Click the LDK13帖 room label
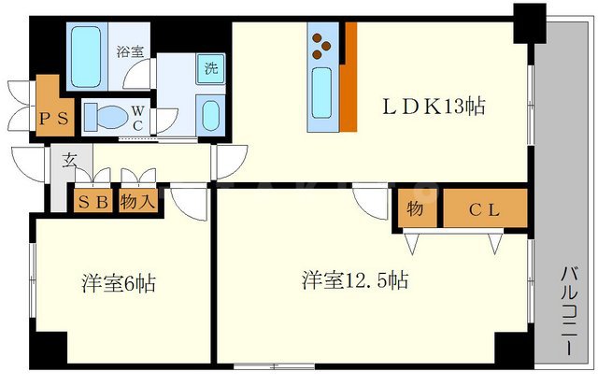432,107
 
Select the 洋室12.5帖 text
354,279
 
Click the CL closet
484,209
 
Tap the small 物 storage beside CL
415,209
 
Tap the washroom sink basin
210,117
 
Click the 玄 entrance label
70,160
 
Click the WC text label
136,117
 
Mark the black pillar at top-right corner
530,19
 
